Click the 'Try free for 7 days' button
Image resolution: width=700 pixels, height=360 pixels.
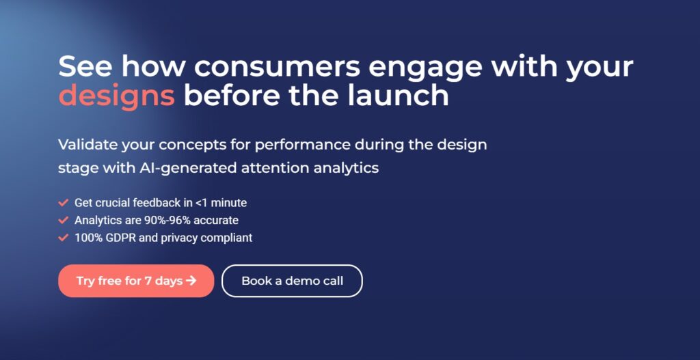[136, 281]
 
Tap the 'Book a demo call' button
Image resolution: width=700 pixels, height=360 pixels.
[292, 281]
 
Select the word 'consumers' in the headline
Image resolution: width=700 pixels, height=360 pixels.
[277, 67]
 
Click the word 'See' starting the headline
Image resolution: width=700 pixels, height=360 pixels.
[87, 66]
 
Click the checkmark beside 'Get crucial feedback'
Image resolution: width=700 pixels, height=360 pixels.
[64, 203]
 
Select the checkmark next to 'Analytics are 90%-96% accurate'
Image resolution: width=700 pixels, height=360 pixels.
[64, 221]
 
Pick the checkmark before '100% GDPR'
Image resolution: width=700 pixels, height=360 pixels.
[64, 238]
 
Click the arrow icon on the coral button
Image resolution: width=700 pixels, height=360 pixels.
[191, 281]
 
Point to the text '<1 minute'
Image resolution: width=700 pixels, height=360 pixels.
[221, 203]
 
